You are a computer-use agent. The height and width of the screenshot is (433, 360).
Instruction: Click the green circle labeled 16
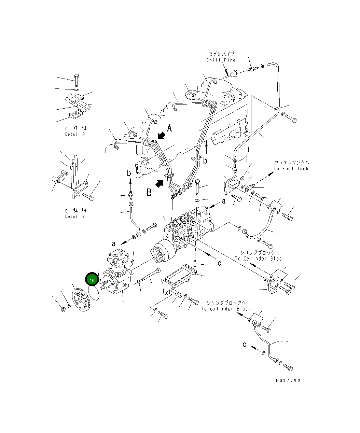click(92, 280)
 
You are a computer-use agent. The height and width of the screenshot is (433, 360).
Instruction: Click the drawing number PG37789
click(289, 380)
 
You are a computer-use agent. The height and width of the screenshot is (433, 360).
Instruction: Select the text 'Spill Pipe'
click(221, 60)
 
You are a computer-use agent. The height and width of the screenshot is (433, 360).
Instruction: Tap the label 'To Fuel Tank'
click(291, 169)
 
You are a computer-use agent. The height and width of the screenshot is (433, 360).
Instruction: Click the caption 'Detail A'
click(75, 134)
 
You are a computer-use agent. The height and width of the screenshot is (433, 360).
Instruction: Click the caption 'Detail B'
click(75, 216)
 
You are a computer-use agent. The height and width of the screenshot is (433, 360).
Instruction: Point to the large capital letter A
click(169, 128)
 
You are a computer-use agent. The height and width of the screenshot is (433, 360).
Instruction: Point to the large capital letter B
click(149, 193)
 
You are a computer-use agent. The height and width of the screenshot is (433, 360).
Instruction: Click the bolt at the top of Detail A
click(77, 80)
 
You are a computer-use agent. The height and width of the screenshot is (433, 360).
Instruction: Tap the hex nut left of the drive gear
click(63, 309)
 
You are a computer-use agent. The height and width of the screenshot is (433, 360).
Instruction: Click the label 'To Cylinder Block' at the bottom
click(226, 309)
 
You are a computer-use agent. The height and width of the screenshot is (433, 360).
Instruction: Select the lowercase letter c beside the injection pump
click(220, 263)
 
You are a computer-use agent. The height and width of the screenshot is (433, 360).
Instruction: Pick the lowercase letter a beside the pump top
click(224, 201)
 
